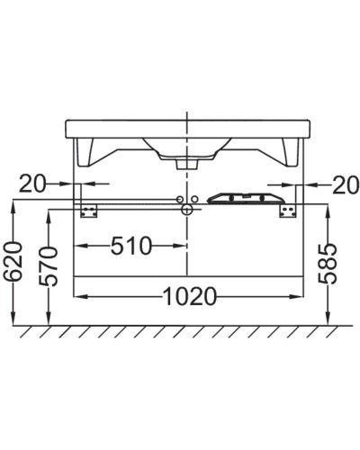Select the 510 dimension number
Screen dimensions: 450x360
pos(130,245)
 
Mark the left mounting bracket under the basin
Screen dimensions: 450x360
pos(88,209)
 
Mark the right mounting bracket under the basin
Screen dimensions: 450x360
pos(288,209)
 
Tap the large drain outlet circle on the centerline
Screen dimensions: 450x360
pos(186,210)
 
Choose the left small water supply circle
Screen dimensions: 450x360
pos(179,197)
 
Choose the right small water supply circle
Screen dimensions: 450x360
pos(194,197)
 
